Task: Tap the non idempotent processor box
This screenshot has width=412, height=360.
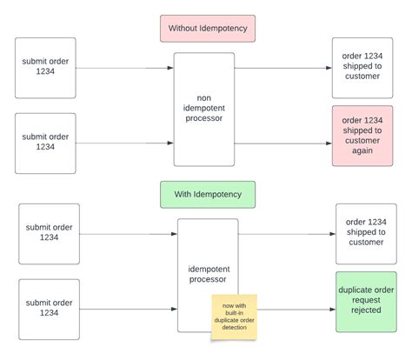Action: coord(204,110)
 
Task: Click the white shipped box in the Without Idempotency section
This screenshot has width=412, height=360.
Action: coord(362,68)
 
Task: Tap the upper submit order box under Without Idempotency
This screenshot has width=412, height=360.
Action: coord(45,68)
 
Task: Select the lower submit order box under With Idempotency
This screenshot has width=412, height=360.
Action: coord(49,309)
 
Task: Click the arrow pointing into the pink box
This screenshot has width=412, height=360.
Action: coord(282,143)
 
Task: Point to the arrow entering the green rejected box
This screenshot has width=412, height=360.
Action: coord(296,309)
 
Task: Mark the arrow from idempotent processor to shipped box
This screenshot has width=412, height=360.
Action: coord(287,234)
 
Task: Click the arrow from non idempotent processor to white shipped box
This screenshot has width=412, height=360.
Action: coord(282,68)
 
